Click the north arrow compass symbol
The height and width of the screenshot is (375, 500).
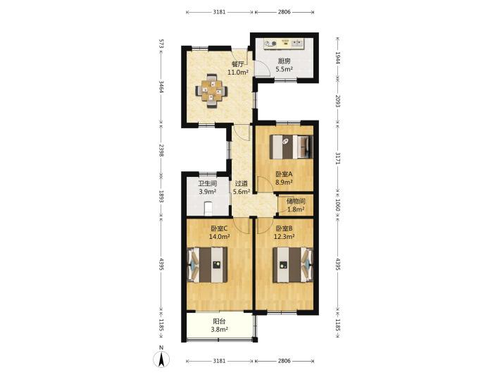162,358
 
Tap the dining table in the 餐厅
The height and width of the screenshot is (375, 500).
211,91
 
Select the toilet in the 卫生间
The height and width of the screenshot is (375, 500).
208,209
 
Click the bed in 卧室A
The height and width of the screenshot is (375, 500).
292,147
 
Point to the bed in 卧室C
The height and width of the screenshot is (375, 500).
208,264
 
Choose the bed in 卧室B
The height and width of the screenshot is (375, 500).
293,265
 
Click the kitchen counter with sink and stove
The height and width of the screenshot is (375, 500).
285,43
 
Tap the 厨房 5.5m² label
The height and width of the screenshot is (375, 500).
285,65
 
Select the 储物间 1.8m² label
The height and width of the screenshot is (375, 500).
296,205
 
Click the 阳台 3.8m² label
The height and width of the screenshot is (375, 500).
219,326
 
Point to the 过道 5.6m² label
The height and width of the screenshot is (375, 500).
242,187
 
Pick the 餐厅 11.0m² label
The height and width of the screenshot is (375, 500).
238,68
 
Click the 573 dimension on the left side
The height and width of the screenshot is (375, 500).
161,44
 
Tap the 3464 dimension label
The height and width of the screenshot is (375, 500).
161,87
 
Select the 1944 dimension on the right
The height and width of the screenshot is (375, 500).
338,58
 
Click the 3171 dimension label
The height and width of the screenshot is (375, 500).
338,159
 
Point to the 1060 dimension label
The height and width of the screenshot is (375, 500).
338,205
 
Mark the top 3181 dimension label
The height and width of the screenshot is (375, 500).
220,12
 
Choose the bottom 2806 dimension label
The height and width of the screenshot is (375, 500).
284,361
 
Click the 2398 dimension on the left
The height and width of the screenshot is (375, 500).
161,150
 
